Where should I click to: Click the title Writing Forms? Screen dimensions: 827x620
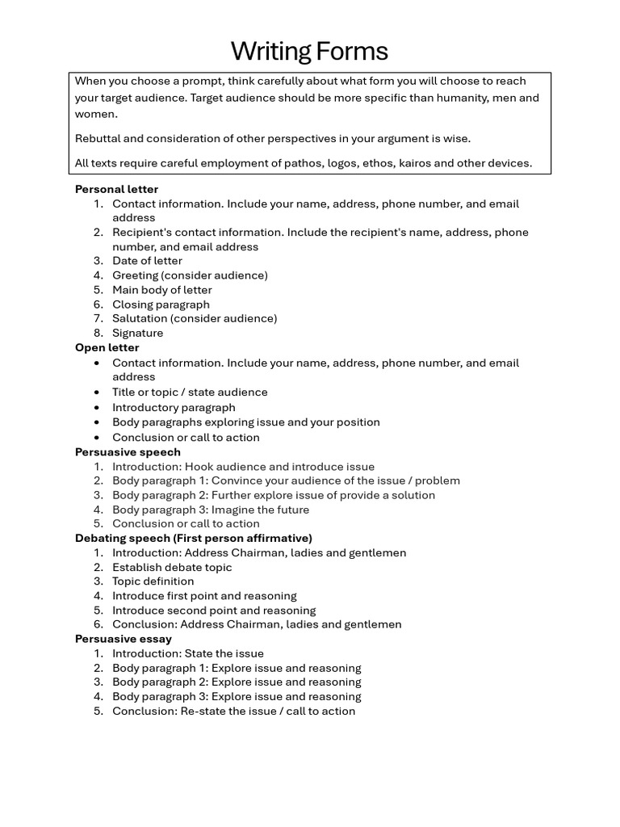(x=309, y=52)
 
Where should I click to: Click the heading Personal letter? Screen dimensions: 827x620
(x=116, y=189)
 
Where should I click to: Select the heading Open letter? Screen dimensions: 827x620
(x=107, y=347)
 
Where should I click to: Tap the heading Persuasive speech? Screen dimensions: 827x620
(x=128, y=451)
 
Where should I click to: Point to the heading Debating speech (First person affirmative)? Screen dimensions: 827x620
(x=193, y=538)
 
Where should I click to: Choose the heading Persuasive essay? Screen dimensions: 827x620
(x=123, y=639)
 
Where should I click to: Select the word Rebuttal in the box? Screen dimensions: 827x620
(x=98, y=138)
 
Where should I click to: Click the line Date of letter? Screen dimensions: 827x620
(x=147, y=261)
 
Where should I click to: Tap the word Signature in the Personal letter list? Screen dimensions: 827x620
(x=137, y=333)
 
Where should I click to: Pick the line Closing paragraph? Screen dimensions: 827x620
(x=161, y=304)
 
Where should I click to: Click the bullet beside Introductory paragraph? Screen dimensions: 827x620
(x=97, y=408)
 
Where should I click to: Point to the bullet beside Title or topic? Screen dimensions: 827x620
(x=97, y=393)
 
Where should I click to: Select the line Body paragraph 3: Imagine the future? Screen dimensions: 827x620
(x=210, y=510)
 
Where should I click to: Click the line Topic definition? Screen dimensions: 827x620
(x=153, y=581)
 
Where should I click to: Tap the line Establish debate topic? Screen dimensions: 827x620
(x=171, y=567)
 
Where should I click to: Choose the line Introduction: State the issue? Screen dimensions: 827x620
(x=187, y=653)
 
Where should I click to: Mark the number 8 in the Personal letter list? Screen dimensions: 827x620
(x=98, y=333)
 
